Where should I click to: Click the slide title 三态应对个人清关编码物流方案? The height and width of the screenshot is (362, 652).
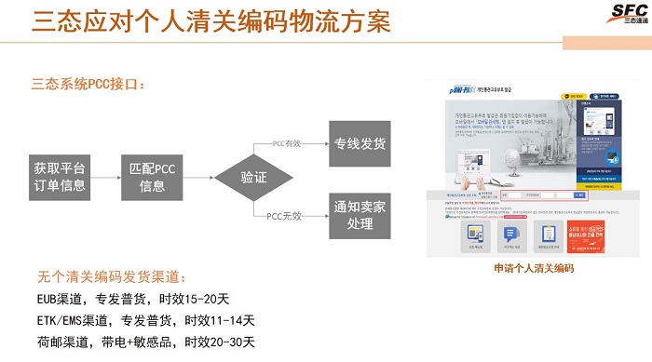(x=211, y=22)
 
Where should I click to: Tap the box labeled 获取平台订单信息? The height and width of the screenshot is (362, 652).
(x=60, y=177)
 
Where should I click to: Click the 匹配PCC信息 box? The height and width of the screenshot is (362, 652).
(x=152, y=177)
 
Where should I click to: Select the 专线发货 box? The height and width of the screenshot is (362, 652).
(x=360, y=144)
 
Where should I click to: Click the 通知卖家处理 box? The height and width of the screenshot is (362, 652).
(x=360, y=215)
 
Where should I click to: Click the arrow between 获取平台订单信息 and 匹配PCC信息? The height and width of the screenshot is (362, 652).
(x=105, y=177)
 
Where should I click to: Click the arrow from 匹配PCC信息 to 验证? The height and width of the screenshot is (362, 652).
(x=198, y=177)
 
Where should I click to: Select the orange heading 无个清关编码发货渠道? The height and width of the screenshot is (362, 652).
(x=112, y=276)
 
